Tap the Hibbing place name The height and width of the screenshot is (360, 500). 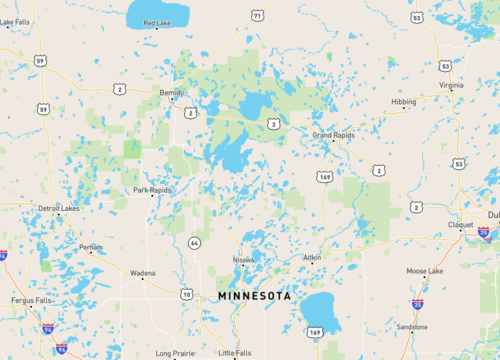[404, 101]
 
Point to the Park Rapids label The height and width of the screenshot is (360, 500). [153, 189]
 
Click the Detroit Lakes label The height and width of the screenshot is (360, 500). [58, 208]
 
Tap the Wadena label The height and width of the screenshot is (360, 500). [142, 272]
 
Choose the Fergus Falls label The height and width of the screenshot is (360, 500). [31, 300]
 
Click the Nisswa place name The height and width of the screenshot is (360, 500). [243, 260]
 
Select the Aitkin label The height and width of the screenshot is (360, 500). [312, 257]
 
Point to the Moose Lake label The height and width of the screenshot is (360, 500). [424, 271]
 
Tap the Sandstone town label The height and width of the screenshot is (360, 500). [411, 327]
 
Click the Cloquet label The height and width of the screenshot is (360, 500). [460, 225]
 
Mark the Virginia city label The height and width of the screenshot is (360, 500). [451, 86]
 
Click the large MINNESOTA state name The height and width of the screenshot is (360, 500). [255, 296]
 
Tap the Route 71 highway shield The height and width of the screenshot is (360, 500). [258, 16]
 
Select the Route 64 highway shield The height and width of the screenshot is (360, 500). [193, 242]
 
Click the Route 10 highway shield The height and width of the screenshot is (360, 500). [187, 293]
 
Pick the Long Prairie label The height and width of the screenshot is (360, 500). [175, 353]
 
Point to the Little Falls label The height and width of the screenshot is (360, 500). [235, 353]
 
